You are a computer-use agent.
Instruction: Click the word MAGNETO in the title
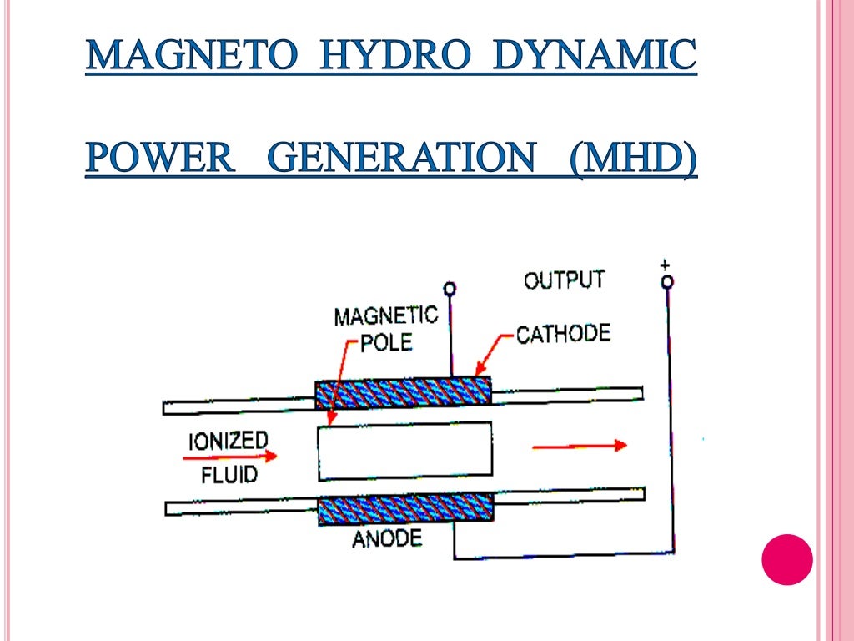tap(192, 57)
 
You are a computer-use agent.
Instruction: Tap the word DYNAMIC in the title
tap(593, 57)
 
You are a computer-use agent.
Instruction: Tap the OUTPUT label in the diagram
tap(565, 280)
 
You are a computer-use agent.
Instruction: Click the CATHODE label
tap(563, 335)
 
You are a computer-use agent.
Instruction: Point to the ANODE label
tap(386, 538)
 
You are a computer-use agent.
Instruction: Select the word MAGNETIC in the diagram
tap(385, 315)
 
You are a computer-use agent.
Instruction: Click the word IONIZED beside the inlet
tap(228, 441)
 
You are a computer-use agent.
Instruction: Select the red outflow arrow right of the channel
tap(580, 446)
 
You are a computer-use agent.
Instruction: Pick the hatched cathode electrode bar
tap(403, 392)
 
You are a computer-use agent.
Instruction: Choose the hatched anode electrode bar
tap(405, 508)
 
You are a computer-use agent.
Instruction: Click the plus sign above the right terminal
tap(665, 265)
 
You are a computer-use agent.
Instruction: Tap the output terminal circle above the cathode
tap(450, 290)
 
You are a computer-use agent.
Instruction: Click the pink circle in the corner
tap(787, 559)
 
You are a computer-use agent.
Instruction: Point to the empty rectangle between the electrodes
tap(404, 451)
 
